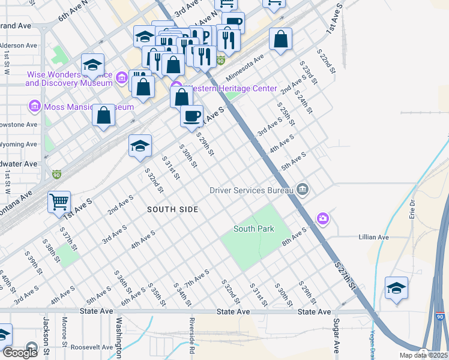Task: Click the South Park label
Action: click(x=253, y=229)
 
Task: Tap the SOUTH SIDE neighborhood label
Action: click(x=173, y=209)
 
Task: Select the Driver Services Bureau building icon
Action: click(x=303, y=190)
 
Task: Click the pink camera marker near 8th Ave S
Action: click(x=323, y=218)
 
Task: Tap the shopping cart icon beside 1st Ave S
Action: click(x=59, y=202)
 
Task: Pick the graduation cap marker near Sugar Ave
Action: click(x=396, y=288)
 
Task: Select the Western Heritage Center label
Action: click(x=233, y=89)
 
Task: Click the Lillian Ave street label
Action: click(x=373, y=238)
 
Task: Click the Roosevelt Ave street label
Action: click(x=92, y=347)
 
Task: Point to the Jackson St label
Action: click(x=45, y=337)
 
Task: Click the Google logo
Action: click(x=19, y=352)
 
